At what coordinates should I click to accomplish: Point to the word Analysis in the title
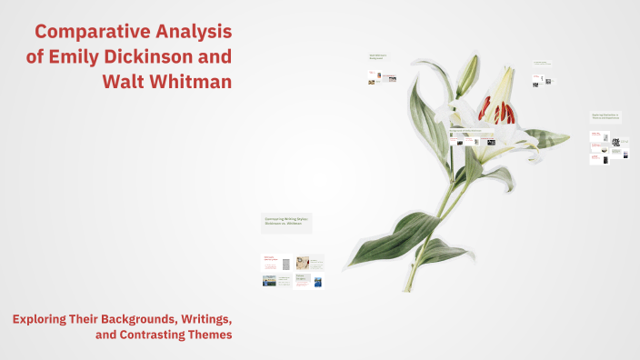pyautogui.click(x=189, y=32)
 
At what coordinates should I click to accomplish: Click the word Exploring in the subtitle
pyautogui.click(x=41, y=319)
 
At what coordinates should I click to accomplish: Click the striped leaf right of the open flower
pyautogui.click(x=547, y=137)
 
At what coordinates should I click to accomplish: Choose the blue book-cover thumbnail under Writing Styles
pyautogui.click(x=317, y=282)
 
